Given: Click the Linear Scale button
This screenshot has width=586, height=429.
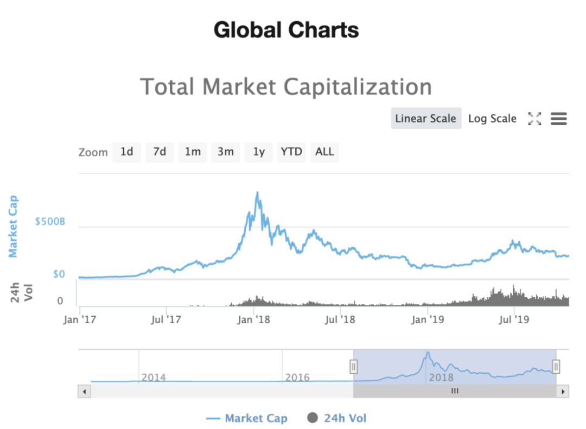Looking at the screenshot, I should click(426, 118).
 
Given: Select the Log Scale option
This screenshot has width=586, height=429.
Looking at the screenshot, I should click(492, 118).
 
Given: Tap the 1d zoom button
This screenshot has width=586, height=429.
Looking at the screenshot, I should click(126, 152).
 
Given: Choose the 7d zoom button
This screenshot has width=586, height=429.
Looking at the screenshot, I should click(160, 152).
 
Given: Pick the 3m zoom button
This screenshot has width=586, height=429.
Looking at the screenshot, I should click(226, 152).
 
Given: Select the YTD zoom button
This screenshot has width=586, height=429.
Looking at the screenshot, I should click(291, 152).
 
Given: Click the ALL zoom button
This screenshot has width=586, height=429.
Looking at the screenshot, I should click(324, 152).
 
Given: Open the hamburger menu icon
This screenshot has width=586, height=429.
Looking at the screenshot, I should click(558, 119).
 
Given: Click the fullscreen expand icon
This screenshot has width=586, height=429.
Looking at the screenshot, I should click(534, 119).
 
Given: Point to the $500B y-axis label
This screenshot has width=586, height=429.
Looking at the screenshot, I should click(50, 222).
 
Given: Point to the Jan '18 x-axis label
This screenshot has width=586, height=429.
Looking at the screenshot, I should click(254, 319).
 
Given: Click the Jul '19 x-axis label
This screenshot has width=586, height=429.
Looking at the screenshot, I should click(514, 319).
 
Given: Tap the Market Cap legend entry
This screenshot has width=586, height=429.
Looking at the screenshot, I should click(247, 418).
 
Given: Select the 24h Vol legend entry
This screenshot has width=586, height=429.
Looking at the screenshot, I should click(337, 418).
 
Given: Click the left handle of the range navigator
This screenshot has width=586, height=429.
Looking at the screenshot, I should click(353, 367).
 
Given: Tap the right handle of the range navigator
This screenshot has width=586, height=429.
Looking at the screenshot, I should click(556, 367).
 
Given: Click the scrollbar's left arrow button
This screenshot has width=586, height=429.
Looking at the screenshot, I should click(84, 391).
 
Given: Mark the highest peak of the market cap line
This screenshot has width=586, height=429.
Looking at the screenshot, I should click(257, 192).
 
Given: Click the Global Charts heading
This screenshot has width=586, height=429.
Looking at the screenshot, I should click(286, 29).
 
